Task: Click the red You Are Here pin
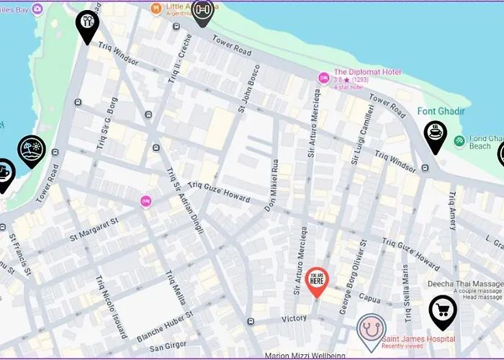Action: pyautogui.click(x=317, y=282)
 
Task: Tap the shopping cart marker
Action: pyautogui.click(x=442, y=311)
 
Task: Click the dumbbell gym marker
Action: pyautogui.click(x=202, y=12)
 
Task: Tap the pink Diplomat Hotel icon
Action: pyautogui.click(x=324, y=77)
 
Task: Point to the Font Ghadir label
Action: pyautogui.click(x=441, y=112)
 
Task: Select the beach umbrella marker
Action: pyautogui.click(x=32, y=150)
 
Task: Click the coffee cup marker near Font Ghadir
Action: pyautogui.click(x=435, y=135)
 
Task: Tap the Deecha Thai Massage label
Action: pyautogui.click(x=465, y=284)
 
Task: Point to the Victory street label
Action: pyautogui.click(x=294, y=318)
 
